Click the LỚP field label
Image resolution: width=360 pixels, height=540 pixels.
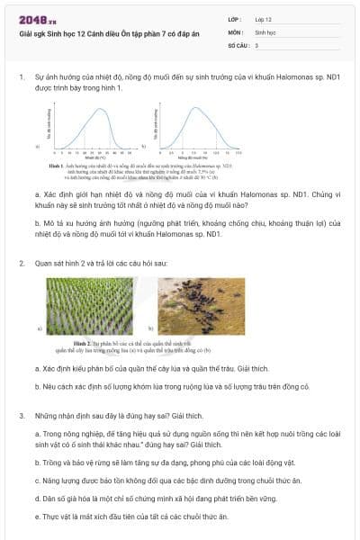tap(235, 19)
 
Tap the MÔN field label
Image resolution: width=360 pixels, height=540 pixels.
tap(235, 31)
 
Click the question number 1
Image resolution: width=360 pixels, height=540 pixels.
tap(21, 77)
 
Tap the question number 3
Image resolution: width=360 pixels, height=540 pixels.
tap(21, 416)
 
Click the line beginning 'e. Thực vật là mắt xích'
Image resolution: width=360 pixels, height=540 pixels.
tap(131, 517)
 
